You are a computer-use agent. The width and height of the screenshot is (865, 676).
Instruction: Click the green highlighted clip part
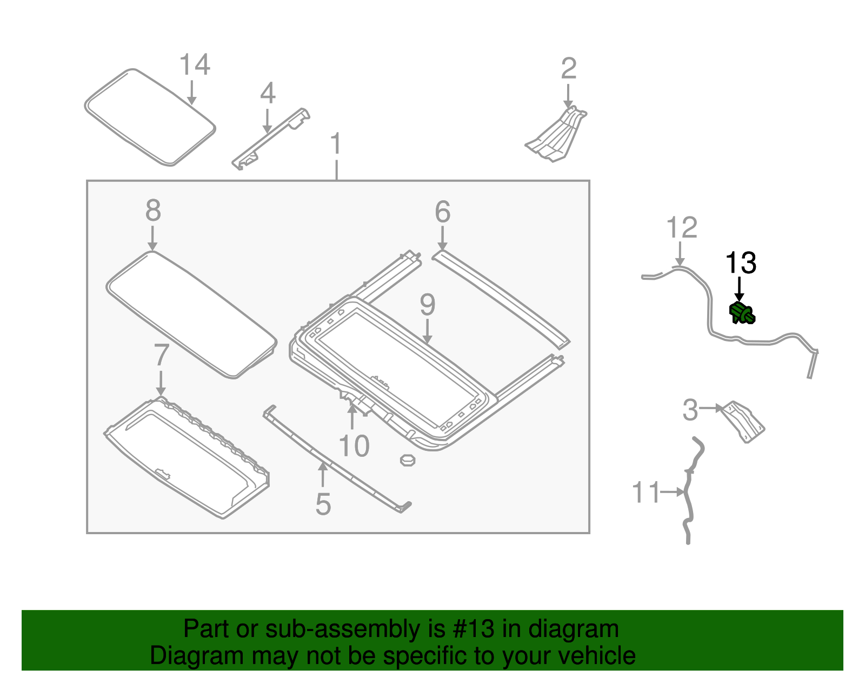pyautogui.click(x=741, y=313)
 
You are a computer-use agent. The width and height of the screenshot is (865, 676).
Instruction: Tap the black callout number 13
pyautogui.click(x=740, y=263)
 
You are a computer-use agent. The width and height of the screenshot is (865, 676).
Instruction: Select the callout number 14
pyautogui.click(x=194, y=65)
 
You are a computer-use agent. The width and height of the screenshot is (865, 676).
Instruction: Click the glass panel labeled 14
pyautogui.click(x=150, y=117)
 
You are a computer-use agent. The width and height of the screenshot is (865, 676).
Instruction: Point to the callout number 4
pyautogui.click(x=268, y=94)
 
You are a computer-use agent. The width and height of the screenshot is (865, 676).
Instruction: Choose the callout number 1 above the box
pyautogui.click(x=336, y=144)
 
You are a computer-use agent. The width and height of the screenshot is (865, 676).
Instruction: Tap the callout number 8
pyautogui.click(x=153, y=211)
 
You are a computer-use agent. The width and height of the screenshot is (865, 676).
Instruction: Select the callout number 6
pyautogui.click(x=442, y=212)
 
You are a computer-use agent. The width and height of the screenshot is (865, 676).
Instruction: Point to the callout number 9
pyautogui.click(x=427, y=305)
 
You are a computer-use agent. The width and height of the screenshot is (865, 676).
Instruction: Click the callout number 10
pyautogui.click(x=354, y=447)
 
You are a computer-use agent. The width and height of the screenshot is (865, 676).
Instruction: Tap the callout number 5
pyautogui.click(x=323, y=504)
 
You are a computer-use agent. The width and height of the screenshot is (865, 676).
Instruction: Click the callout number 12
pyautogui.click(x=682, y=228)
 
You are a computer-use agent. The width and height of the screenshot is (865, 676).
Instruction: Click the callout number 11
pyautogui.click(x=646, y=493)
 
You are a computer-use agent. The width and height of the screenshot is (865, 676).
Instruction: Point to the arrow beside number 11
pyautogui.click(x=674, y=492)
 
